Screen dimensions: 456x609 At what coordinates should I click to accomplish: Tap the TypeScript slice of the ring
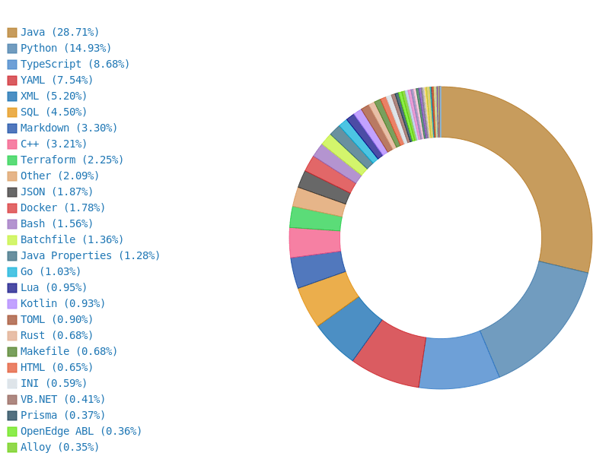click(x=457, y=363)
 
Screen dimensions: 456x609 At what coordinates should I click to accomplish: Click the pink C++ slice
click(x=314, y=242)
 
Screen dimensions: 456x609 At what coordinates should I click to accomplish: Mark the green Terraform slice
click(x=316, y=218)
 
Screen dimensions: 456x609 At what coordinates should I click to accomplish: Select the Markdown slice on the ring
click(x=317, y=269)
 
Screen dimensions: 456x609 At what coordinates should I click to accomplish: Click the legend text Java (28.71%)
click(x=59, y=33)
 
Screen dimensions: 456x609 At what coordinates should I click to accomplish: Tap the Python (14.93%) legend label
click(x=65, y=49)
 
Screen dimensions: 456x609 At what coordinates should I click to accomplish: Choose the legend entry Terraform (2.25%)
click(x=72, y=160)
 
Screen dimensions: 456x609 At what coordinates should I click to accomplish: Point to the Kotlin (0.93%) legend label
click(x=62, y=304)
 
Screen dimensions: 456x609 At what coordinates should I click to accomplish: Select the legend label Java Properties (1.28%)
click(x=90, y=256)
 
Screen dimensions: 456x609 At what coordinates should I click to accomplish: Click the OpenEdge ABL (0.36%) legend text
click(x=81, y=432)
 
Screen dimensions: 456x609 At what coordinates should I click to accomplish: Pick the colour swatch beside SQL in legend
click(x=12, y=112)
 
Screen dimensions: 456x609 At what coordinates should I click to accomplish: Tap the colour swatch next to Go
click(x=12, y=272)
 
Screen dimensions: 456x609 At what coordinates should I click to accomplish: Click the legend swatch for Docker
click(x=12, y=208)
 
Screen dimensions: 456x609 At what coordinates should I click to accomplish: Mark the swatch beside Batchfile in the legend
click(x=12, y=240)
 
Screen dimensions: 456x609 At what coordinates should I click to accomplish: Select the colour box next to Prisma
click(x=12, y=416)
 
